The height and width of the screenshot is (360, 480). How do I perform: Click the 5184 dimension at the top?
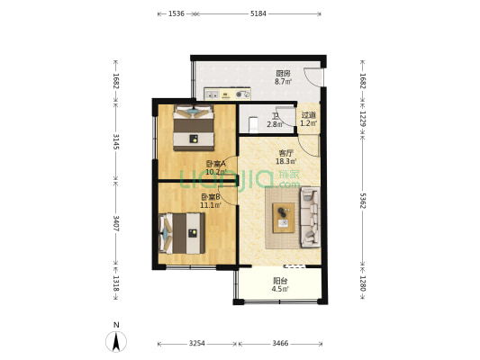[x=258, y=13]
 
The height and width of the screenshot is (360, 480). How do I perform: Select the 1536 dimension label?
[x=177, y=13]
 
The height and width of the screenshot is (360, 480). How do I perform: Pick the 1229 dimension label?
[x=362, y=119]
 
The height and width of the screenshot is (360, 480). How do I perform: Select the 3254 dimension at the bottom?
[x=196, y=344]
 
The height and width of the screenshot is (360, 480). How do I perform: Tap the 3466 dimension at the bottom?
[x=280, y=344]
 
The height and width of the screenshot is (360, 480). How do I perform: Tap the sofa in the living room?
[x=308, y=216]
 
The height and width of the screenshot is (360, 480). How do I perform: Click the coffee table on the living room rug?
[x=284, y=214]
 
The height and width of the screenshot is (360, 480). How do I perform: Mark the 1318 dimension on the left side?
[x=115, y=281]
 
